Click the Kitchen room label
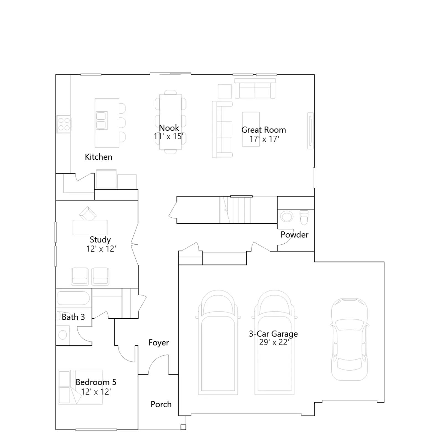click(99, 157)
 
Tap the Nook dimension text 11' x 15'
click(168, 136)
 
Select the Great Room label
click(264, 130)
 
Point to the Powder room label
click(294, 235)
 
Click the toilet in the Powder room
click(304, 218)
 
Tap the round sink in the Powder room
click(287, 216)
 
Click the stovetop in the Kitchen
click(64, 124)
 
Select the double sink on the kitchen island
click(101, 120)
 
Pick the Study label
click(100, 239)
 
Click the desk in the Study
click(90, 228)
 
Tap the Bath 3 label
click(73, 317)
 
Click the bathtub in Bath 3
click(73, 298)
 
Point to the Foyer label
click(159, 343)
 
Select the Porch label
click(161, 404)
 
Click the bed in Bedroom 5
click(80, 387)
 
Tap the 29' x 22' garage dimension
click(274, 342)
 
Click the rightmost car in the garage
click(350, 339)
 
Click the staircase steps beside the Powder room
click(235, 210)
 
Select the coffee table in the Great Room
click(251, 129)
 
